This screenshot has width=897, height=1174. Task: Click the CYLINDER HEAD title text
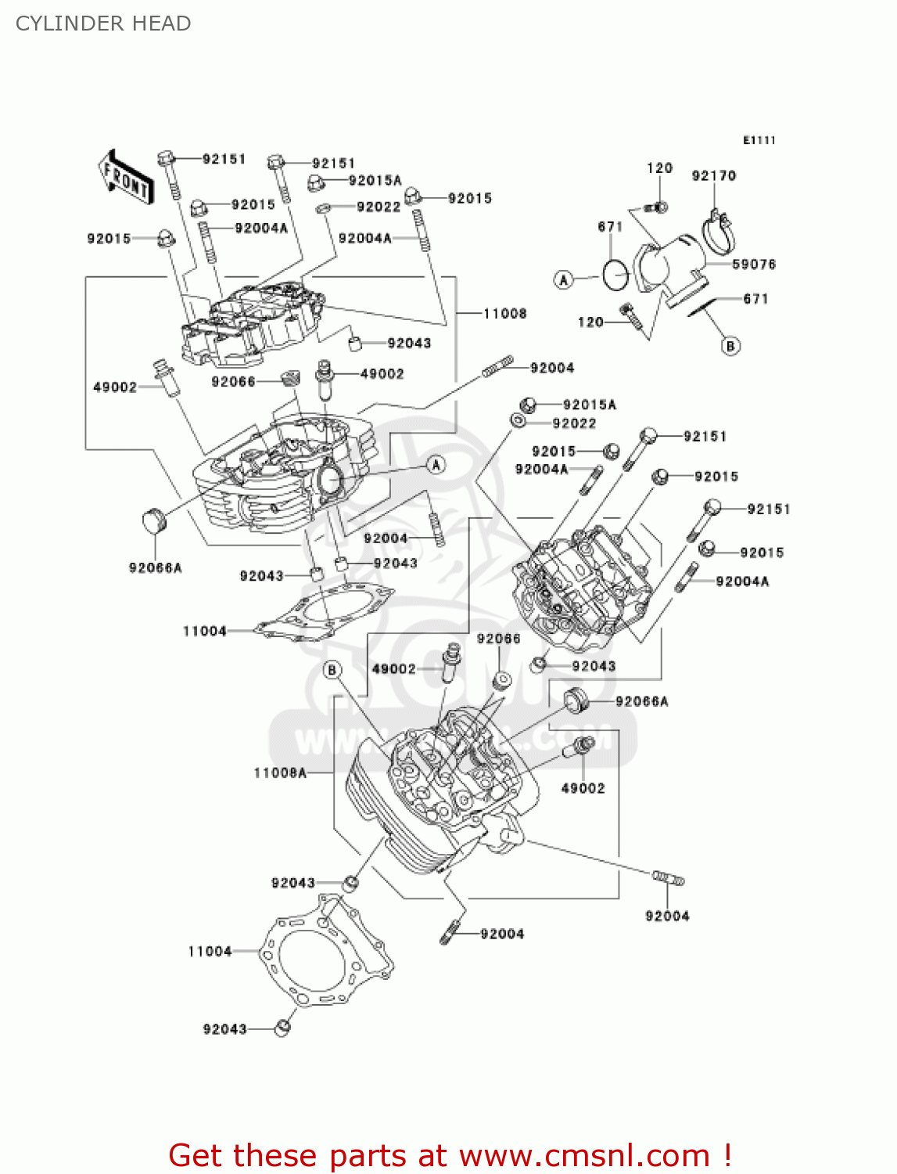click(103, 23)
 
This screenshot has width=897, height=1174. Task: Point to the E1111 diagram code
click(759, 140)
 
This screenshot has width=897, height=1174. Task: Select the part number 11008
click(504, 314)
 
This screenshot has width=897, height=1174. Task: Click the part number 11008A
click(280, 772)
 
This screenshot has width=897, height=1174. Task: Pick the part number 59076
click(754, 265)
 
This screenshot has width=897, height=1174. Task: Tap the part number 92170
click(713, 176)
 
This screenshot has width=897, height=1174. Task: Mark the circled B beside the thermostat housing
click(730, 346)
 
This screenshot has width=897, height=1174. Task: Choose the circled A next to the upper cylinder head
click(436, 465)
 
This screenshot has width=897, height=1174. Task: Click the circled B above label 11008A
click(332, 670)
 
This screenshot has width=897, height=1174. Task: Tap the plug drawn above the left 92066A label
click(154, 521)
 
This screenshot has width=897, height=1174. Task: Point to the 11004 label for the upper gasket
click(204, 631)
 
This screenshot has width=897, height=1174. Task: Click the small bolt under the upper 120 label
click(657, 207)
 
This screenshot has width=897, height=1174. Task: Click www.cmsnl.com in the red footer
click(583, 1155)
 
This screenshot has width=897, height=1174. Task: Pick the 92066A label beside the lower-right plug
click(641, 701)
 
